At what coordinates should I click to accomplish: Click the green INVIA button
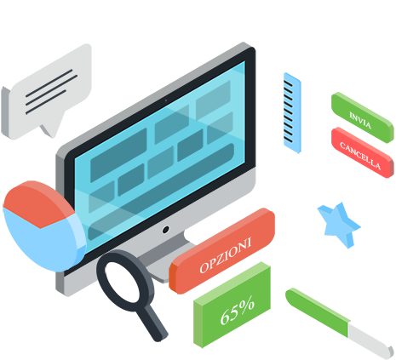click(363, 117)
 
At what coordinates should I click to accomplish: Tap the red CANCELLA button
click(363, 152)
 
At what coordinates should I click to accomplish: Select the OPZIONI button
click(222, 251)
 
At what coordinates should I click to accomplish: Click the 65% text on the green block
click(238, 311)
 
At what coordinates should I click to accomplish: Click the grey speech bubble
click(47, 92)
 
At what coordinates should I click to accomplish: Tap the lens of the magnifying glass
click(123, 279)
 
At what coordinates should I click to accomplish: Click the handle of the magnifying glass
click(152, 323)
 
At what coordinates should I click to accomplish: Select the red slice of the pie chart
click(36, 203)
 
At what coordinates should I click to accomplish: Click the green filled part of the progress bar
click(317, 312)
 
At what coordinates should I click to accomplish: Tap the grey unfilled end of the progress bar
click(370, 341)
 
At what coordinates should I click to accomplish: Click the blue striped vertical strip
click(292, 113)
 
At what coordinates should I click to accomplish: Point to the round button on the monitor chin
click(166, 230)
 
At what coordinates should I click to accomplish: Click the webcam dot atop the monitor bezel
click(166, 100)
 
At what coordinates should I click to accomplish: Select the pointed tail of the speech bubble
click(51, 129)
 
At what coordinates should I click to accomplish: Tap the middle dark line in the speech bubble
click(52, 90)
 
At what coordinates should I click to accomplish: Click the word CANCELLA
click(360, 156)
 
